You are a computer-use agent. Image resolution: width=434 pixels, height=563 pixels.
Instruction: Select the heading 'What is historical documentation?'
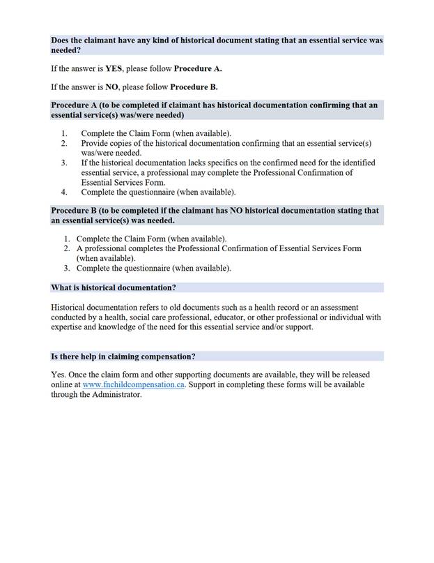(114, 287)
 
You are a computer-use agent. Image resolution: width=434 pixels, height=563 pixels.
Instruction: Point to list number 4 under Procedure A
(64, 192)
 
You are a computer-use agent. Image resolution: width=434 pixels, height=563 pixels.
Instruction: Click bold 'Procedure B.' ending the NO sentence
(196, 87)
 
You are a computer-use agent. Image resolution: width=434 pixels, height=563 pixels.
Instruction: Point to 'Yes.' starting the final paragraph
(59, 375)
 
